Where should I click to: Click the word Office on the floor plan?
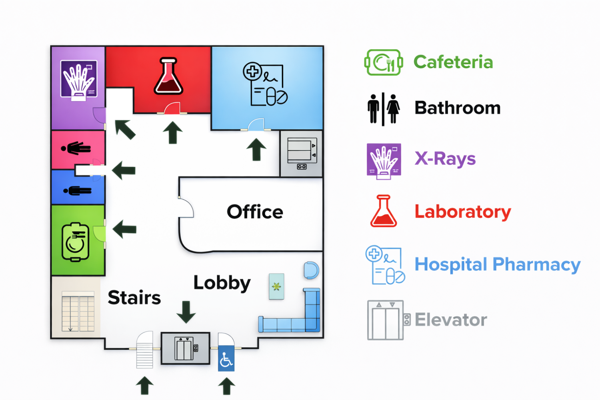pyautogui.click(x=255, y=212)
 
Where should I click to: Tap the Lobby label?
pyautogui.click(x=222, y=283)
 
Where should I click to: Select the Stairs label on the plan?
pyautogui.click(x=134, y=297)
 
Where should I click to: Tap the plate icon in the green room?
pyautogui.click(x=75, y=242)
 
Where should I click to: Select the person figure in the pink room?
pyautogui.click(x=76, y=148)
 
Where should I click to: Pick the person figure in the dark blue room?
pyautogui.click(x=78, y=191)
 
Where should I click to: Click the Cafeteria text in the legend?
pyautogui.click(x=453, y=62)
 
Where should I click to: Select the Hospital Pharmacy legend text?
pyautogui.click(x=498, y=265)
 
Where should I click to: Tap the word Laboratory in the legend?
pyautogui.click(x=463, y=212)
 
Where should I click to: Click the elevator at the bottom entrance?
pyautogui.click(x=185, y=348)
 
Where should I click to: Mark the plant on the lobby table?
pyautogui.click(x=276, y=287)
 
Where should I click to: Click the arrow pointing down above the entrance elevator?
pyautogui.click(x=186, y=312)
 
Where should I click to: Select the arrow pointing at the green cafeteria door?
pyautogui.click(x=124, y=229)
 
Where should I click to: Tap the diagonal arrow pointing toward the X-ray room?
pyautogui.click(x=125, y=130)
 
